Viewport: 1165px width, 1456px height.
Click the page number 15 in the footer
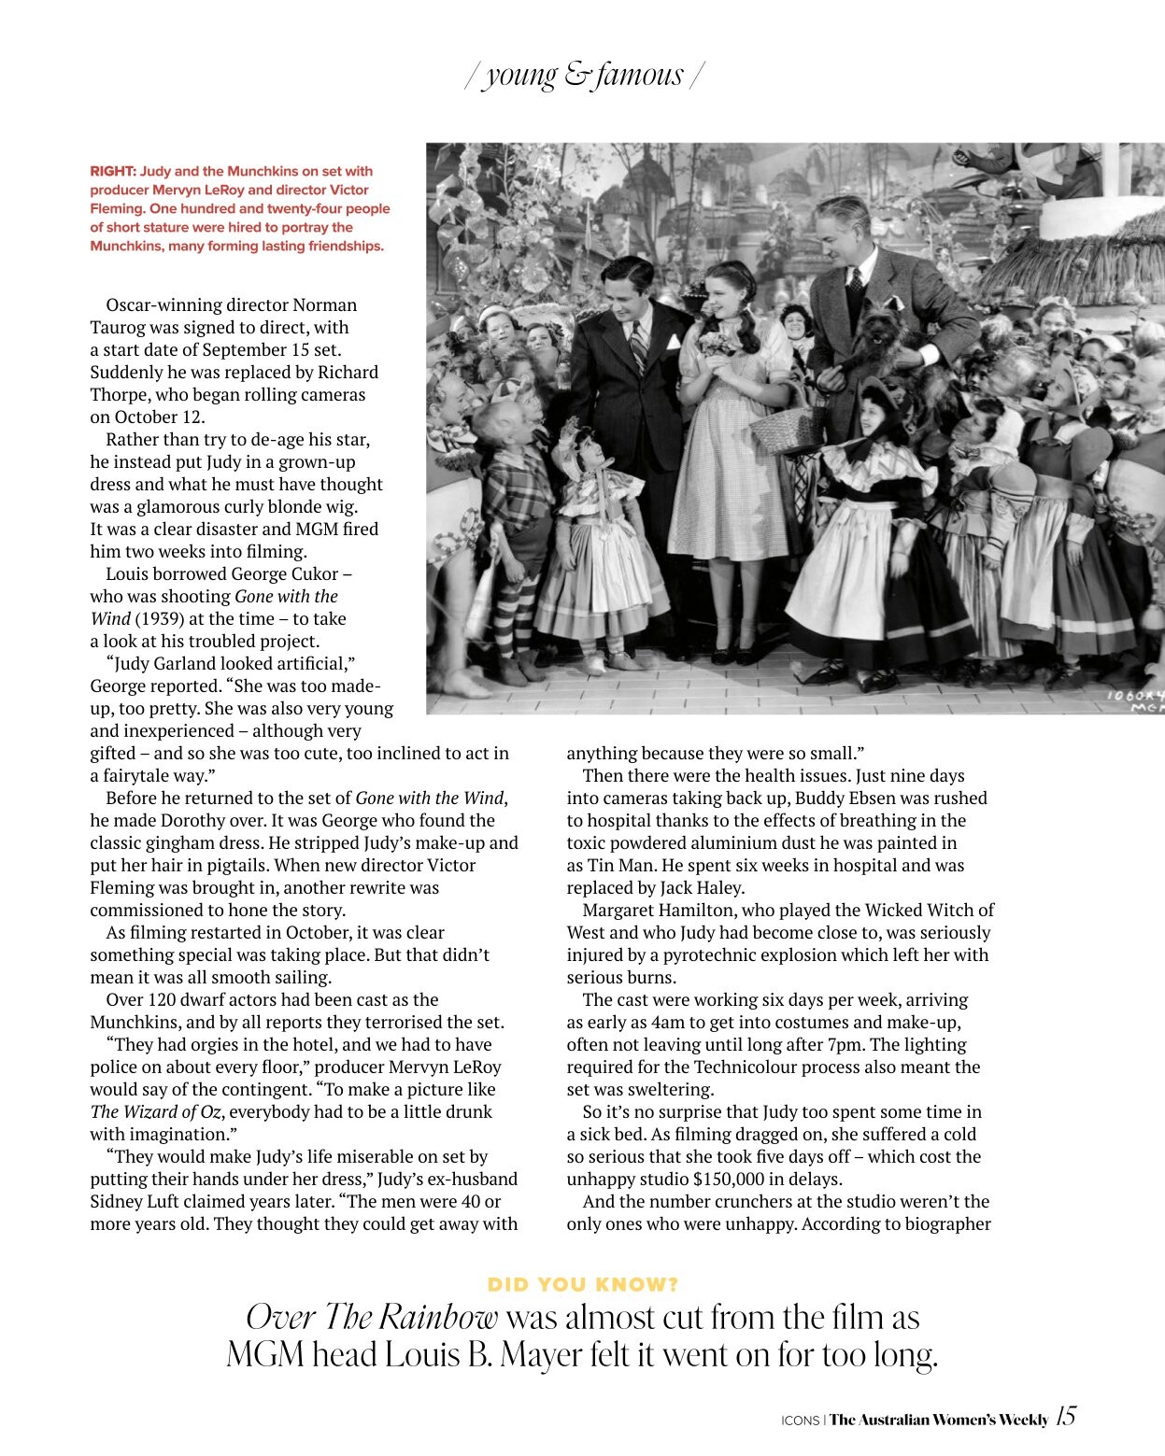click(1065, 1416)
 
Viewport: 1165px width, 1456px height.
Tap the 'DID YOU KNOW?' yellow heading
click(583, 1284)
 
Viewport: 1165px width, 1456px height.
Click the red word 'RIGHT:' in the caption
click(112, 171)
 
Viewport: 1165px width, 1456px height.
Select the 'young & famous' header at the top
click(584, 75)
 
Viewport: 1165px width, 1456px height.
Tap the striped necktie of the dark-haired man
click(639, 346)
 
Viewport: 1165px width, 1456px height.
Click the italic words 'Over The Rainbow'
click(372, 1317)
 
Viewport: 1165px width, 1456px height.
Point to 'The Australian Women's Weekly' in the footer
click(938, 1420)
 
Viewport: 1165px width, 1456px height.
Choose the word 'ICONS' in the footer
click(800, 1421)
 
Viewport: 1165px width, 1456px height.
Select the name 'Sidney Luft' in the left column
click(137, 1201)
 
